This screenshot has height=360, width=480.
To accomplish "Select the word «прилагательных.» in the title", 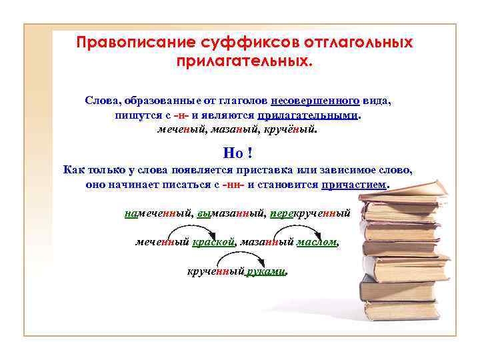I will tap(243, 61).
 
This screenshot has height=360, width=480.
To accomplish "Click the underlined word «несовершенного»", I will tap(315, 102).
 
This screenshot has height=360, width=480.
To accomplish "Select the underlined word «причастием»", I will tap(354, 184).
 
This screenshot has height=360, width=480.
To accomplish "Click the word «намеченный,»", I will tap(159, 214).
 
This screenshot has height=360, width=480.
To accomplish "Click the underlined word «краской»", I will tap(214, 243).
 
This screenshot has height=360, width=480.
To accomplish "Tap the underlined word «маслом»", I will tap(317, 243).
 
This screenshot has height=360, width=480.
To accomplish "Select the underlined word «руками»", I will tap(266, 272).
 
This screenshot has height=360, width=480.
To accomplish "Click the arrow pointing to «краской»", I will tap(195, 233).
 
